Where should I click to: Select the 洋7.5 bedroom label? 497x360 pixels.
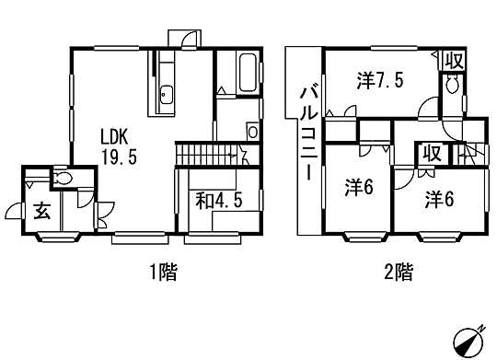click(x=380, y=81)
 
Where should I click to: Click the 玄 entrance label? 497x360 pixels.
click(x=42, y=211)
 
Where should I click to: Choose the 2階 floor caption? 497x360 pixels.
click(x=399, y=272)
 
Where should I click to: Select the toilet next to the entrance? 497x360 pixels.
click(x=63, y=178)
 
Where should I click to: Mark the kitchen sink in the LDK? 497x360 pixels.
click(x=166, y=93)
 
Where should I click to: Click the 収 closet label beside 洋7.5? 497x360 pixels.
click(x=454, y=62)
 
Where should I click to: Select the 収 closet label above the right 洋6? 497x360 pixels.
click(x=431, y=154)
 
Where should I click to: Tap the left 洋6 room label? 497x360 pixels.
click(x=357, y=188)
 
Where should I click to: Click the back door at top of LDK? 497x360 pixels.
click(x=186, y=38)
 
